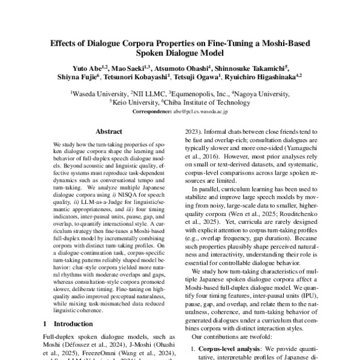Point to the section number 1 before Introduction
(46, 323)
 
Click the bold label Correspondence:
(151, 111)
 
